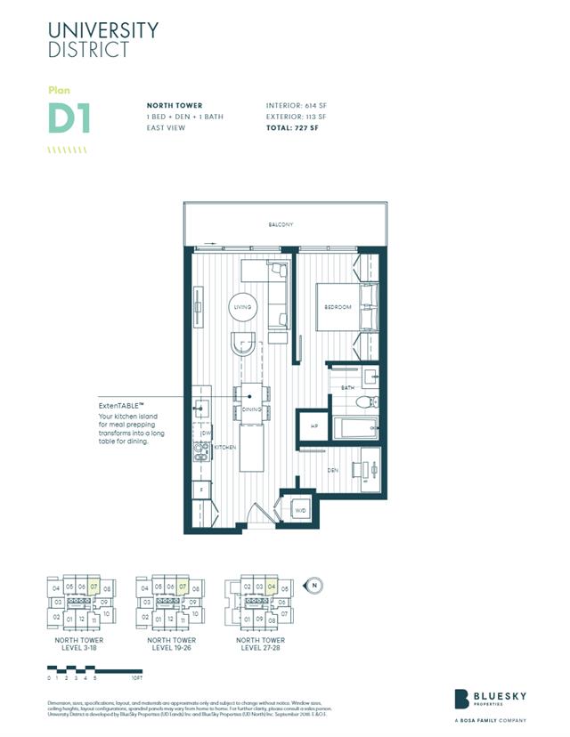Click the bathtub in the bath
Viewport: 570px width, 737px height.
[355, 426]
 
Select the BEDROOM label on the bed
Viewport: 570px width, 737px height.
[338, 307]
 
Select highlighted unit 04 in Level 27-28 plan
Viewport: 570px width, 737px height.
[272, 587]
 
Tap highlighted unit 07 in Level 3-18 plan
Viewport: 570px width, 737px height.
[94, 587]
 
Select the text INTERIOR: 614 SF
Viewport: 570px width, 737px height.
[297, 105]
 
